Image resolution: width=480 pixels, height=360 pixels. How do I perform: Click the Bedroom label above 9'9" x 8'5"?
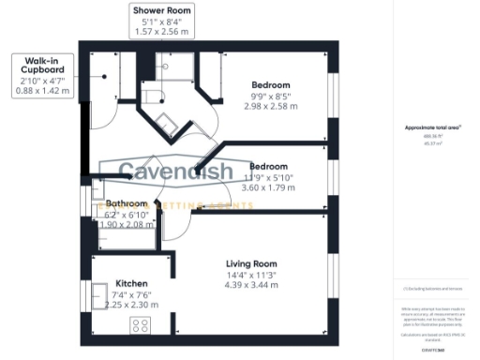coord(269,82)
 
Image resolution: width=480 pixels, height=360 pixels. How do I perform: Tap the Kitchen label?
coord(131,282)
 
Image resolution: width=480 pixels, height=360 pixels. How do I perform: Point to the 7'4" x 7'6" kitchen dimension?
coord(131,294)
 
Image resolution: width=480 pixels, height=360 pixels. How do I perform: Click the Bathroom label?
coord(126,203)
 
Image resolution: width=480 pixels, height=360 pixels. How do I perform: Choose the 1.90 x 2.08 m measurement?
coord(126,226)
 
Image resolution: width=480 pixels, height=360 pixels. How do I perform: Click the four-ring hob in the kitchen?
coord(142,326)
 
